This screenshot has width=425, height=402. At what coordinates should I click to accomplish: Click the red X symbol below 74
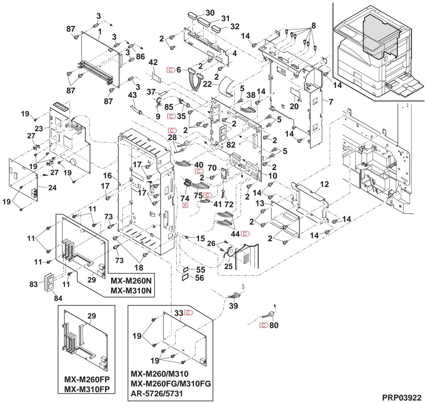pos(186,205)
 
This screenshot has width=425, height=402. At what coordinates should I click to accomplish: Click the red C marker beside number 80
pos(264,325)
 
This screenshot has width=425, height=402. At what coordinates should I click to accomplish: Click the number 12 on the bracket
pos(324,184)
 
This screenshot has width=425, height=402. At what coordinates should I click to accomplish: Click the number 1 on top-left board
pos(100,31)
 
